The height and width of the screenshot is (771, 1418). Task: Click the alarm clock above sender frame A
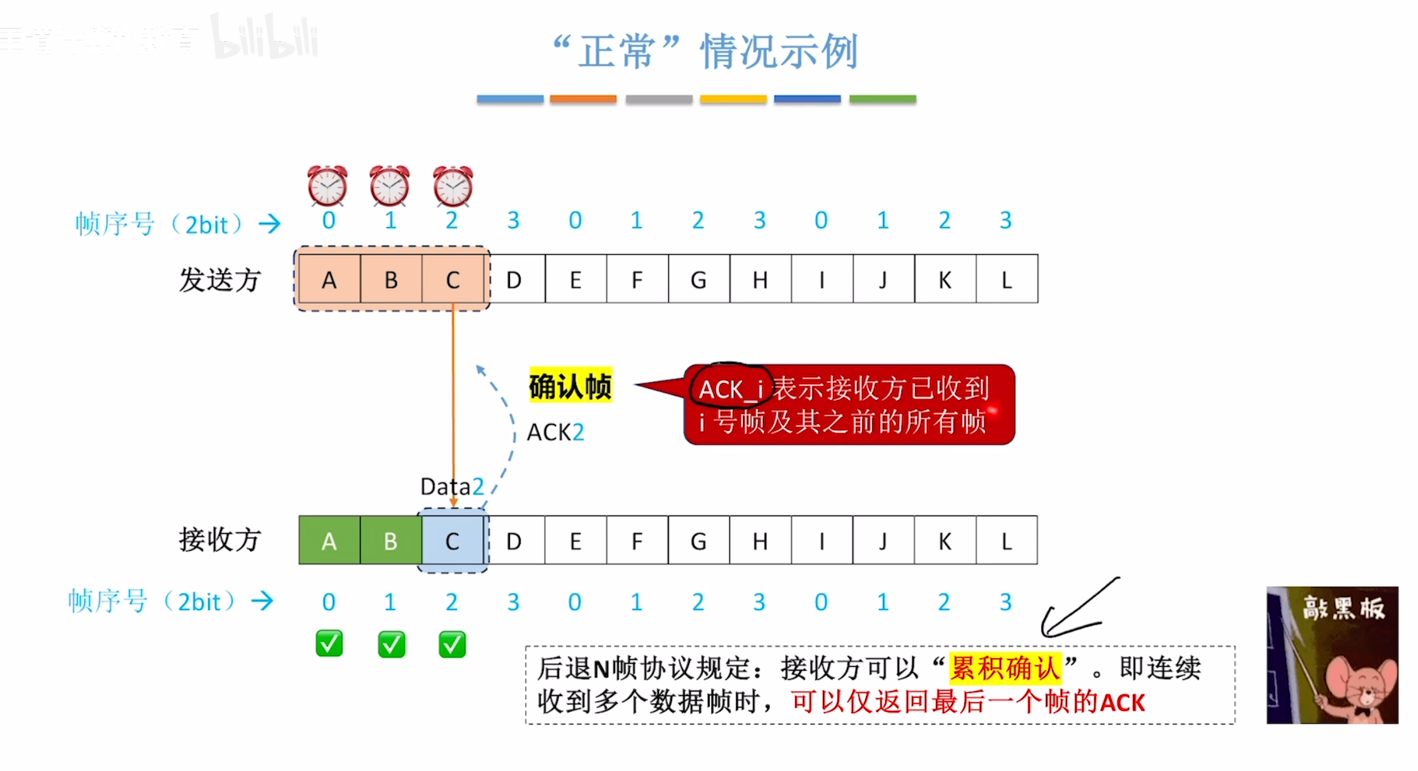327,186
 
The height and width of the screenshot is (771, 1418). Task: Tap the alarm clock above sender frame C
452,186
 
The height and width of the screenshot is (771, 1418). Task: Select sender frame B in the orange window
391,280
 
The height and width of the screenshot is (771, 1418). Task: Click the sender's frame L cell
1007,280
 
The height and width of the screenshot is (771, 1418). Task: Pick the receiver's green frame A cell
329,541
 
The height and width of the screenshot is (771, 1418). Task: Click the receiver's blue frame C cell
452,541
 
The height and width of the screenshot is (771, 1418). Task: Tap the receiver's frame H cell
760,541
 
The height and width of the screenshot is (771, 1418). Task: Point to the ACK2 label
555,433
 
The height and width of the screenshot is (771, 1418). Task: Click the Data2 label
452,486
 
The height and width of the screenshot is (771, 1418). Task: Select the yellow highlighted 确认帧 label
570,385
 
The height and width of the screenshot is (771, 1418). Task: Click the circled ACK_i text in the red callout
731,389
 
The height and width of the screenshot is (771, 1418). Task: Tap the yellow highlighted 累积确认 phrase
1005,668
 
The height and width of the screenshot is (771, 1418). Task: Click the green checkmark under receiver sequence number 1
391,644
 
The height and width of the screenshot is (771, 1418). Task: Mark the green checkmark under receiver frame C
452,644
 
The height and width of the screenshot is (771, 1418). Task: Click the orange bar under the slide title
582,99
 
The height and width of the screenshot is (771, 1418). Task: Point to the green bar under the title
882,99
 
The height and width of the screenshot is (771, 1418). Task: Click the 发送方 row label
220,280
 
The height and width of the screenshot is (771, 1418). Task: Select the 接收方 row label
220,539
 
